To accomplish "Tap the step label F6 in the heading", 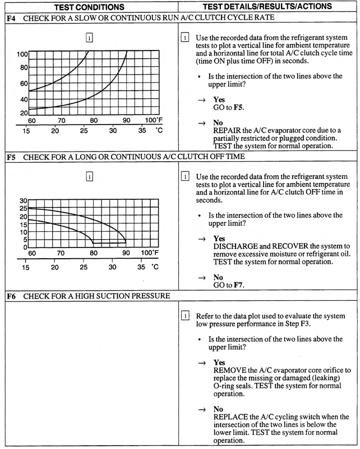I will click(x=10, y=295).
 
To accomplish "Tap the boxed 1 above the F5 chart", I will click(x=89, y=178).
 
